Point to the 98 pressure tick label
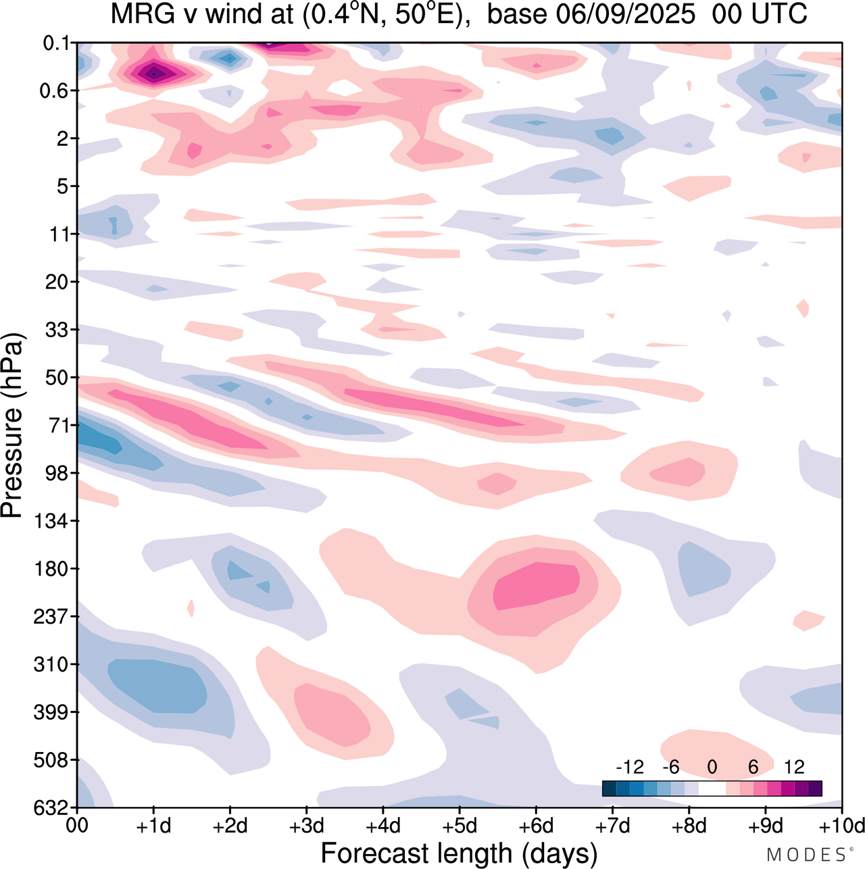[x=57, y=473]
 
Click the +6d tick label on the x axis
[x=536, y=826]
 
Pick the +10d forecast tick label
[x=841, y=826]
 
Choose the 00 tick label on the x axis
[x=78, y=826]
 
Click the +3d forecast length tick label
[x=307, y=826]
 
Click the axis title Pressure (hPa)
[x=12, y=425]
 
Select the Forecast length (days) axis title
[x=459, y=853]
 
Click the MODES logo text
[x=808, y=855]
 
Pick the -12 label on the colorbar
[x=630, y=767]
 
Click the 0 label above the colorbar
[x=712, y=767]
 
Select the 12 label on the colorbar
[x=794, y=767]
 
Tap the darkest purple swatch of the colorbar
[x=815, y=789]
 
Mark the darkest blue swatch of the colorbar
[x=609, y=789]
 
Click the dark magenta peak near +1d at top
[x=155, y=72]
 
